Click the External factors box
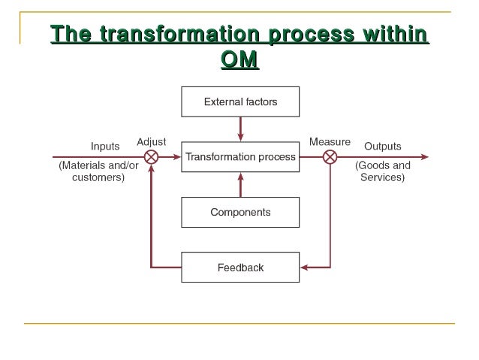tap(240, 101)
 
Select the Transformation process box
tap(240, 157)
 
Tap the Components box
tap(240, 212)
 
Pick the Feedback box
tap(240, 267)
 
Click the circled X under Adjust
tap(151, 157)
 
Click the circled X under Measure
tap(330, 157)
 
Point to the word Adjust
tap(151, 141)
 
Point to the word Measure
tap(330, 141)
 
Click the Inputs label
tap(104, 146)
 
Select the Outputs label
tap(382, 146)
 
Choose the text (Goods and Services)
tap(382, 171)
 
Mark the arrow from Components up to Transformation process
tap(240, 185)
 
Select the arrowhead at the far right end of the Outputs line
tap(425, 157)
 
